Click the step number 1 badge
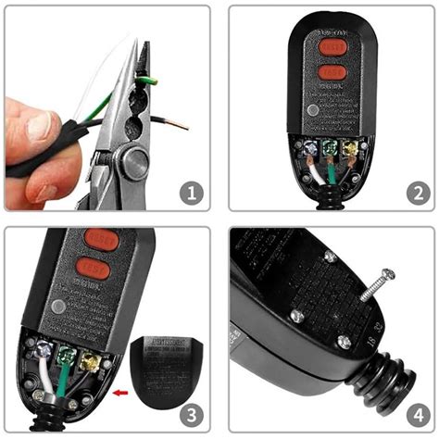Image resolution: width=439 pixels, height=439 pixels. (189, 194)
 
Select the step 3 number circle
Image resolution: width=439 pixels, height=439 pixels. (189, 414)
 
